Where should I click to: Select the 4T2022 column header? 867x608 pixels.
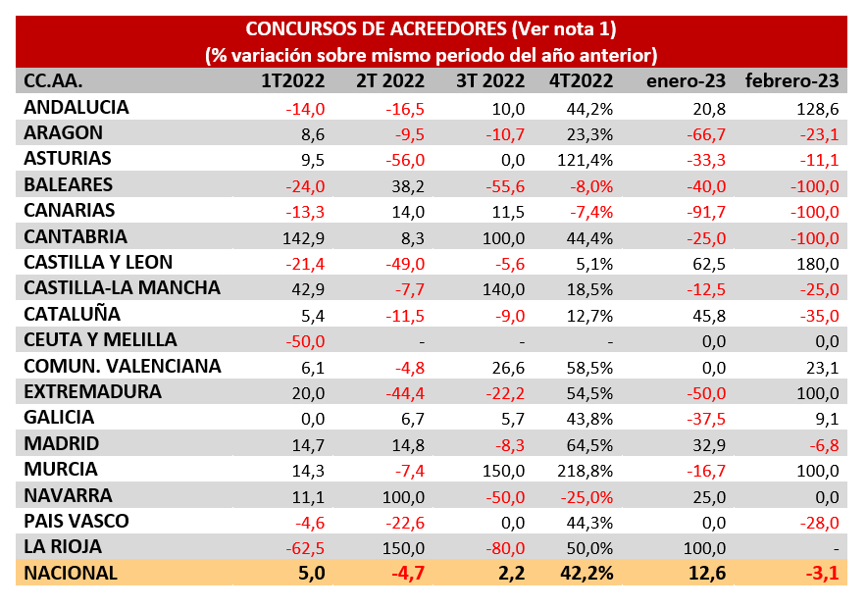(582, 80)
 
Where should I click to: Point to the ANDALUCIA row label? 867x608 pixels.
(76, 107)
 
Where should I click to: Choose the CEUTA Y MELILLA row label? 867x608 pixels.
(100, 340)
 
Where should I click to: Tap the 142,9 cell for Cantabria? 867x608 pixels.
(304, 236)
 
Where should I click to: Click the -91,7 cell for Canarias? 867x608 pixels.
(705, 211)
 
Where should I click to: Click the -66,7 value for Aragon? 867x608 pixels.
(705, 133)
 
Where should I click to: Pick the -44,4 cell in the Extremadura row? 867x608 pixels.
(403, 392)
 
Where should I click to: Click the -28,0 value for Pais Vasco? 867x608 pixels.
(818, 522)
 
